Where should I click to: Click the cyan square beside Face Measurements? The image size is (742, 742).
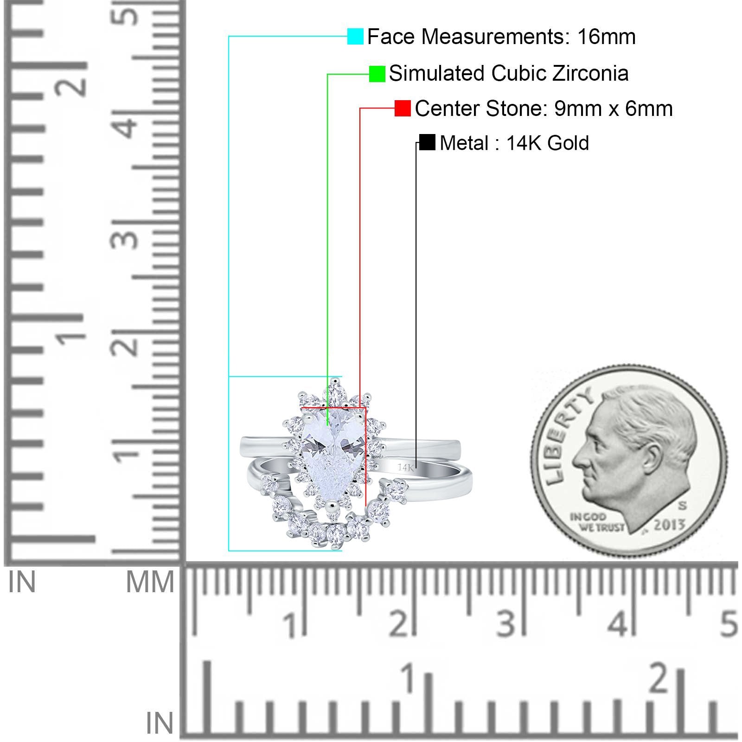[355, 36]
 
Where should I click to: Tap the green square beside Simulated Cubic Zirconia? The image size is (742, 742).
[377, 74]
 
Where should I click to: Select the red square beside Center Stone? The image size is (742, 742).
[403, 108]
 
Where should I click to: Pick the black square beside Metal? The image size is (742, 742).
[427, 142]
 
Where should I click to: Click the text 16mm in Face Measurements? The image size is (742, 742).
[606, 37]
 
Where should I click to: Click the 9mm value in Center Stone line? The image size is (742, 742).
[570, 109]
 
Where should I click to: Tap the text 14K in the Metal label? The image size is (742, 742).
[524, 143]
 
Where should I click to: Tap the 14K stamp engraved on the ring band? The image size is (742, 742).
[405, 467]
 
